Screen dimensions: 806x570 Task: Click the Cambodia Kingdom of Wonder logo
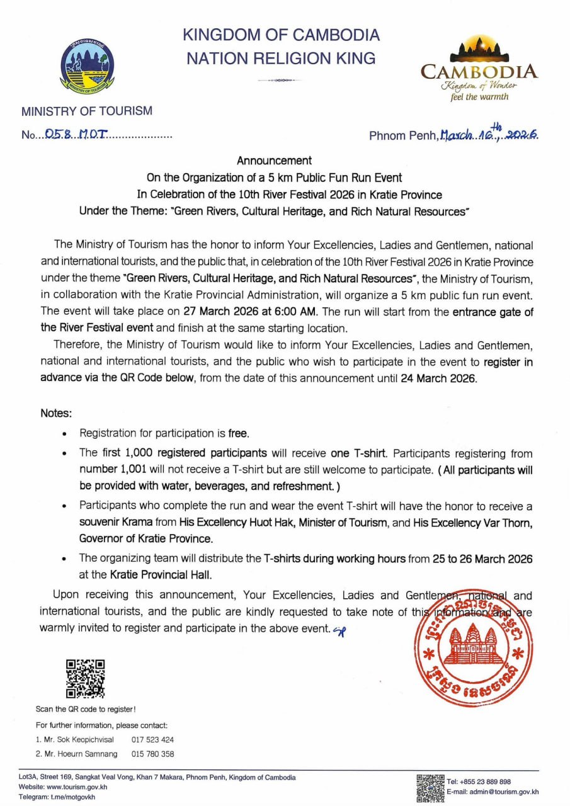(x=479, y=69)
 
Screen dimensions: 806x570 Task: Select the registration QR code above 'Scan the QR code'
(x=86, y=678)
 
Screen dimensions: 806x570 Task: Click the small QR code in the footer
(x=430, y=788)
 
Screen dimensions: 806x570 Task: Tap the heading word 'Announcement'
(x=274, y=161)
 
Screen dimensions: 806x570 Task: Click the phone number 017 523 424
(x=152, y=740)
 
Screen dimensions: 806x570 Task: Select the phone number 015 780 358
(x=152, y=754)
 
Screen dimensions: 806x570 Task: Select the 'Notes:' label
(x=56, y=414)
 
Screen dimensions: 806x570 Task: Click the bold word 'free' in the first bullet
(x=239, y=433)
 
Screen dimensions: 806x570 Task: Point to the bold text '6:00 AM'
(x=302, y=311)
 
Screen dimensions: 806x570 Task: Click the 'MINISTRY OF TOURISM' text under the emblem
(x=87, y=111)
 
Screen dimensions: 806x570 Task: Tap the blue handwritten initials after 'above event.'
(x=339, y=628)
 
